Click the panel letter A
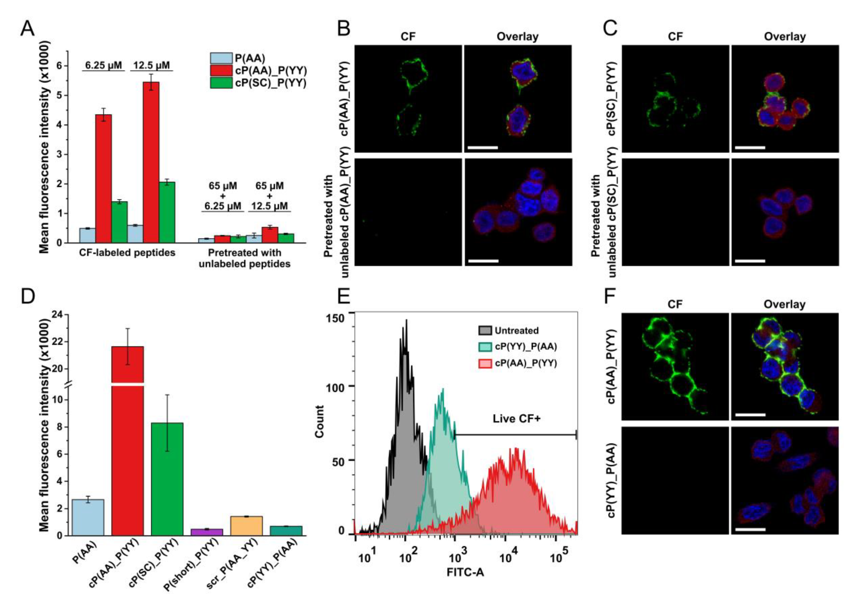click(27, 28)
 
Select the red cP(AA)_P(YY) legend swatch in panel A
click(221, 71)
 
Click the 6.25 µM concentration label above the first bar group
click(104, 66)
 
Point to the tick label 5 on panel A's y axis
click(60, 95)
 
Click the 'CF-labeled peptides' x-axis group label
click(127, 253)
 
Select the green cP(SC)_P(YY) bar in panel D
click(167, 479)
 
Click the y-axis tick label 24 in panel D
click(57, 315)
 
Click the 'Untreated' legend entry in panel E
click(516, 331)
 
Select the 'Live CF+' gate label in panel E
click(516, 418)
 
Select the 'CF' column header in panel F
click(675, 305)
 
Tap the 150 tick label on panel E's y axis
click(335, 318)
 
